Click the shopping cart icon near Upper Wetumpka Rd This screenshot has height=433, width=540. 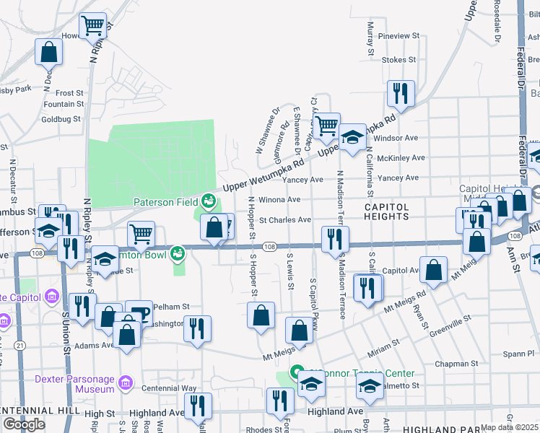click(327, 126)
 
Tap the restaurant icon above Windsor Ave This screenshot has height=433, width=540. click(400, 93)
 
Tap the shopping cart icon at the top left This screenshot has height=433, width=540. click(93, 27)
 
